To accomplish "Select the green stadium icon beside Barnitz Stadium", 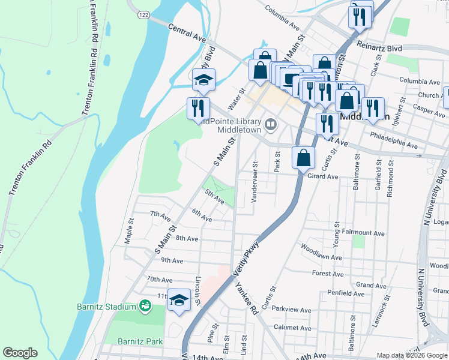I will coord(145,307).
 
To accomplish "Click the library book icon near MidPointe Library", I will coord(271,124).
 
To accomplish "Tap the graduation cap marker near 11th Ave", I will coord(178,300).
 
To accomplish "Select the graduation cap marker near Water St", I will coord(203,79).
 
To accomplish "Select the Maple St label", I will coord(128,230).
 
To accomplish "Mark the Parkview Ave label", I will coord(292,310).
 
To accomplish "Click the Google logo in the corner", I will coord(20,353).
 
